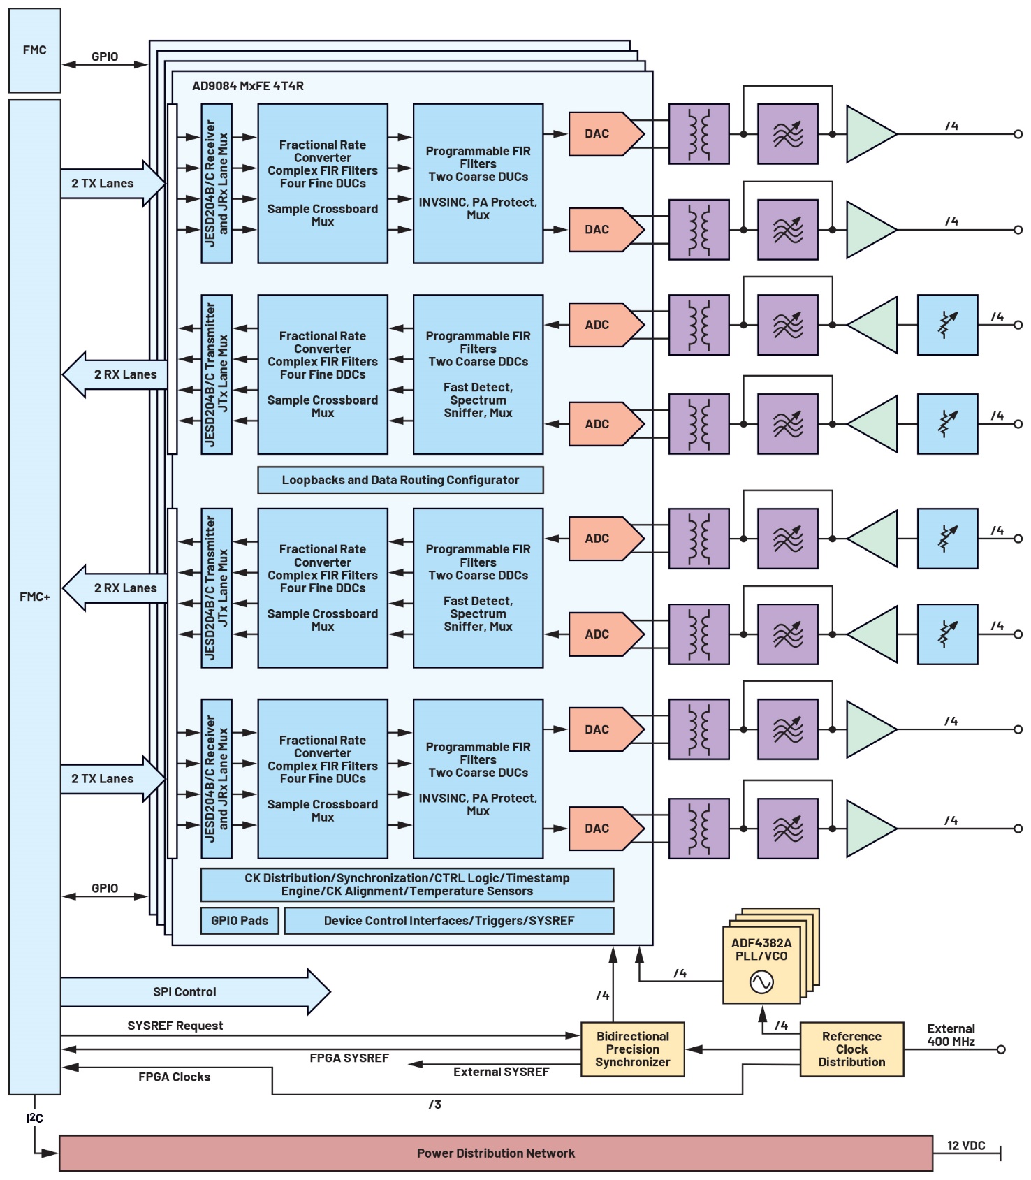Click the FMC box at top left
pos(34,50)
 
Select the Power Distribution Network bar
pos(495,1153)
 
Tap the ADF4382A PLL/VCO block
pos(761,964)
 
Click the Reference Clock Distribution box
pos(851,1049)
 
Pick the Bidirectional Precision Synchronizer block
pos(632,1049)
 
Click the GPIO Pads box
pos(239,920)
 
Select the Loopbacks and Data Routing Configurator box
pos(400,480)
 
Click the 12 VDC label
pos(965,1145)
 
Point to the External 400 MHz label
pos(951,1035)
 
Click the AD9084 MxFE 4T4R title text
pos(247,86)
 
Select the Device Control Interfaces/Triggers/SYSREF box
pos(448,920)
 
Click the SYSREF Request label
pos(175,1025)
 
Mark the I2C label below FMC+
pos(34,1118)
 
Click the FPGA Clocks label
pos(174,1077)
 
